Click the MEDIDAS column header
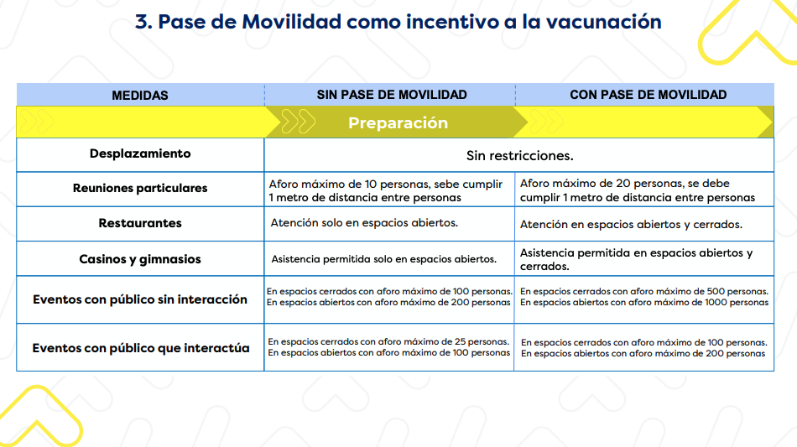pos(140,95)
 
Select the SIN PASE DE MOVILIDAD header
pos(391,95)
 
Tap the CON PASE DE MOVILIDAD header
pos(648,95)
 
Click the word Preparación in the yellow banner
pos(398,123)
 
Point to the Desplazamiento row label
pos(140,153)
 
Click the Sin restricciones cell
pos(519,156)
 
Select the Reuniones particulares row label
pos(140,188)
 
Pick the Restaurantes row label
pos(140,223)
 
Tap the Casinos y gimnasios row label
pos(140,259)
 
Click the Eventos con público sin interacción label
pos(140,299)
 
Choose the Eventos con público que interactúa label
pos(141,348)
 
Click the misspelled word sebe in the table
pos(437,185)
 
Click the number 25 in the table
pos(453,341)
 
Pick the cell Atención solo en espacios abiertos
pos(364,223)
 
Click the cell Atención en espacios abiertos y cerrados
pos(631,225)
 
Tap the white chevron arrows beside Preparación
pos(298,122)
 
